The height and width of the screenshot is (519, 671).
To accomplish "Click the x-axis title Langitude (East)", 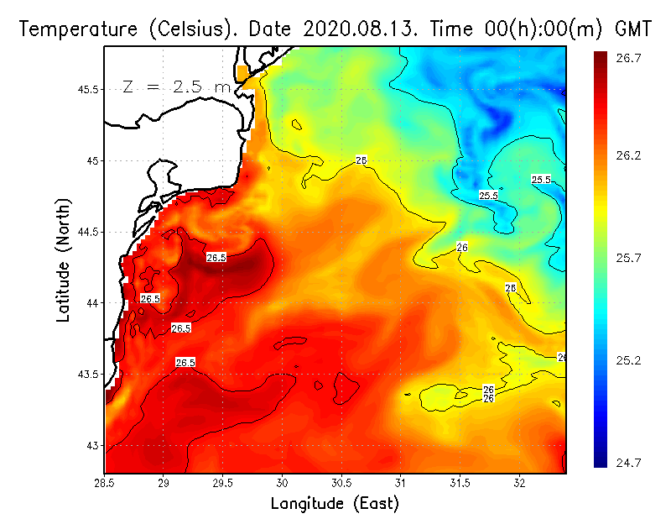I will click(x=334, y=504).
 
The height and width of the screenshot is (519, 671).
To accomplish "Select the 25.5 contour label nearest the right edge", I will click(x=541, y=180).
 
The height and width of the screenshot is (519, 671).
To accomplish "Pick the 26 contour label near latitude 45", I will click(x=362, y=160).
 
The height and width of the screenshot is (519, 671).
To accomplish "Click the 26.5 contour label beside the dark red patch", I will click(x=216, y=258).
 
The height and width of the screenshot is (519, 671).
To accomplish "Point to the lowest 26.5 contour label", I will click(x=185, y=363).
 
